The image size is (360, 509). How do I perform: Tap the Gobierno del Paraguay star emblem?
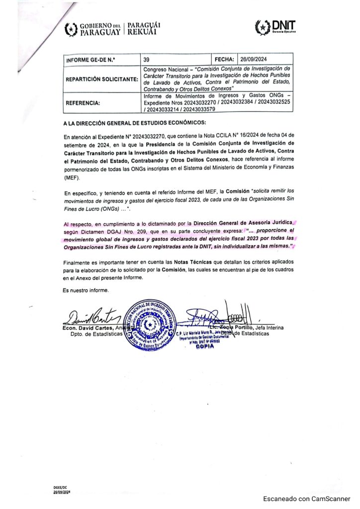(x=72, y=30)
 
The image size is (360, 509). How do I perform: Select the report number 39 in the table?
(x=146, y=59)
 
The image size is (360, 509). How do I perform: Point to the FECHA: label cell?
(x=224, y=59)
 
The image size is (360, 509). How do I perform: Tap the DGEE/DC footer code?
(x=61, y=488)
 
